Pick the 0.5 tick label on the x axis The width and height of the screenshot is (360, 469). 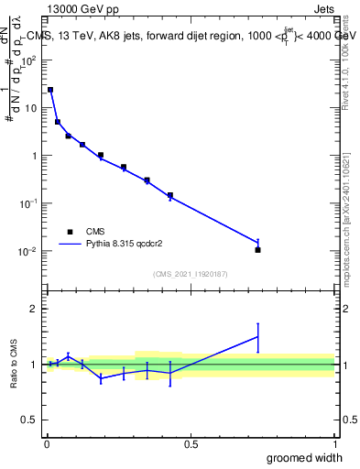tap(191, 444)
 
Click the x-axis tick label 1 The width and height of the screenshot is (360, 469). tap(334, 444)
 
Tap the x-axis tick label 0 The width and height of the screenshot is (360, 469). tap(47, 444)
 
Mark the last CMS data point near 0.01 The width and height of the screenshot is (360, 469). tap(258, 249)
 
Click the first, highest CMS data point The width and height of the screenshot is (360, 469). tap(50, 90)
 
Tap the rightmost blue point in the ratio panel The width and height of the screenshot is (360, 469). tap(258, 337)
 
